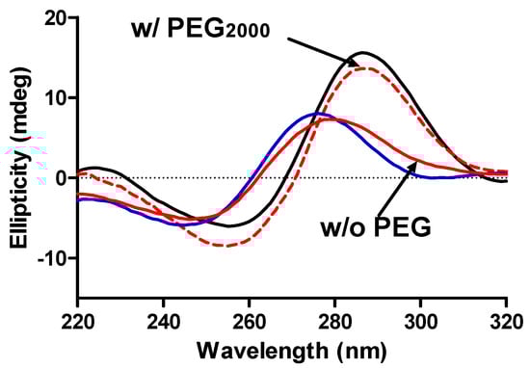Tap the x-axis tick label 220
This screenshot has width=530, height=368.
tap(78, 319)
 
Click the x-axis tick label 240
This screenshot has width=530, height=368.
tap(164, 319)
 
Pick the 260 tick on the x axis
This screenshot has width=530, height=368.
tap(250, 319)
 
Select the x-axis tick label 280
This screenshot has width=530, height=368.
tap(335, 319)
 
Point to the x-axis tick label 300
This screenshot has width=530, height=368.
tap(421, 319)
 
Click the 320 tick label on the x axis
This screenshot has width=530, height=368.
tap(506, 319)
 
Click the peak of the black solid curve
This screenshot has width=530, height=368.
tap(363, 52)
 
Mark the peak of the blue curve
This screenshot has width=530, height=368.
tap(315, 113)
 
